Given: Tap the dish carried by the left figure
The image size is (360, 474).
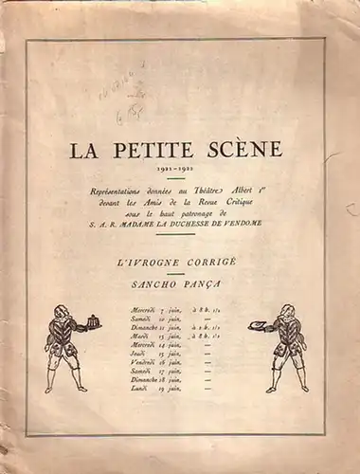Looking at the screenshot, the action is pyautogui.click(x=93, y=319).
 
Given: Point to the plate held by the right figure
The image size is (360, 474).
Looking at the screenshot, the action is pyautogui.click(x=256, y=325).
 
